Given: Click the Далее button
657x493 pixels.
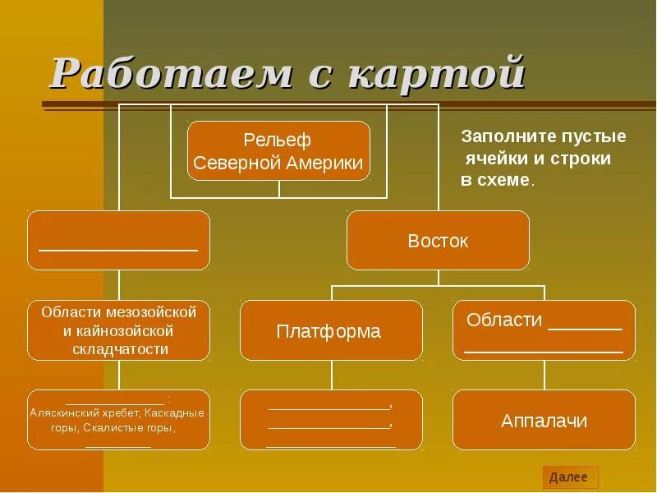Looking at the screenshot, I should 569,477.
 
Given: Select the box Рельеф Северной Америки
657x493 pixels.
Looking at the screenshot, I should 278,151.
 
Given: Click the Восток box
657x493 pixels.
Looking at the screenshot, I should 438,241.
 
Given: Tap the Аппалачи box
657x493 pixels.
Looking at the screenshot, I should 544,421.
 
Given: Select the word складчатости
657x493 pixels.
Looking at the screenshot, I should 119,349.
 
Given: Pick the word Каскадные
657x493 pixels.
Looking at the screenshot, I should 174,413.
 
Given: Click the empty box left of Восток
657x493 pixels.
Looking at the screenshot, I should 118,241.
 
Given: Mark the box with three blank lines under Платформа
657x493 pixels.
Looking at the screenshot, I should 331,421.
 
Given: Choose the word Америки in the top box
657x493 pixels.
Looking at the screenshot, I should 326,163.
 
